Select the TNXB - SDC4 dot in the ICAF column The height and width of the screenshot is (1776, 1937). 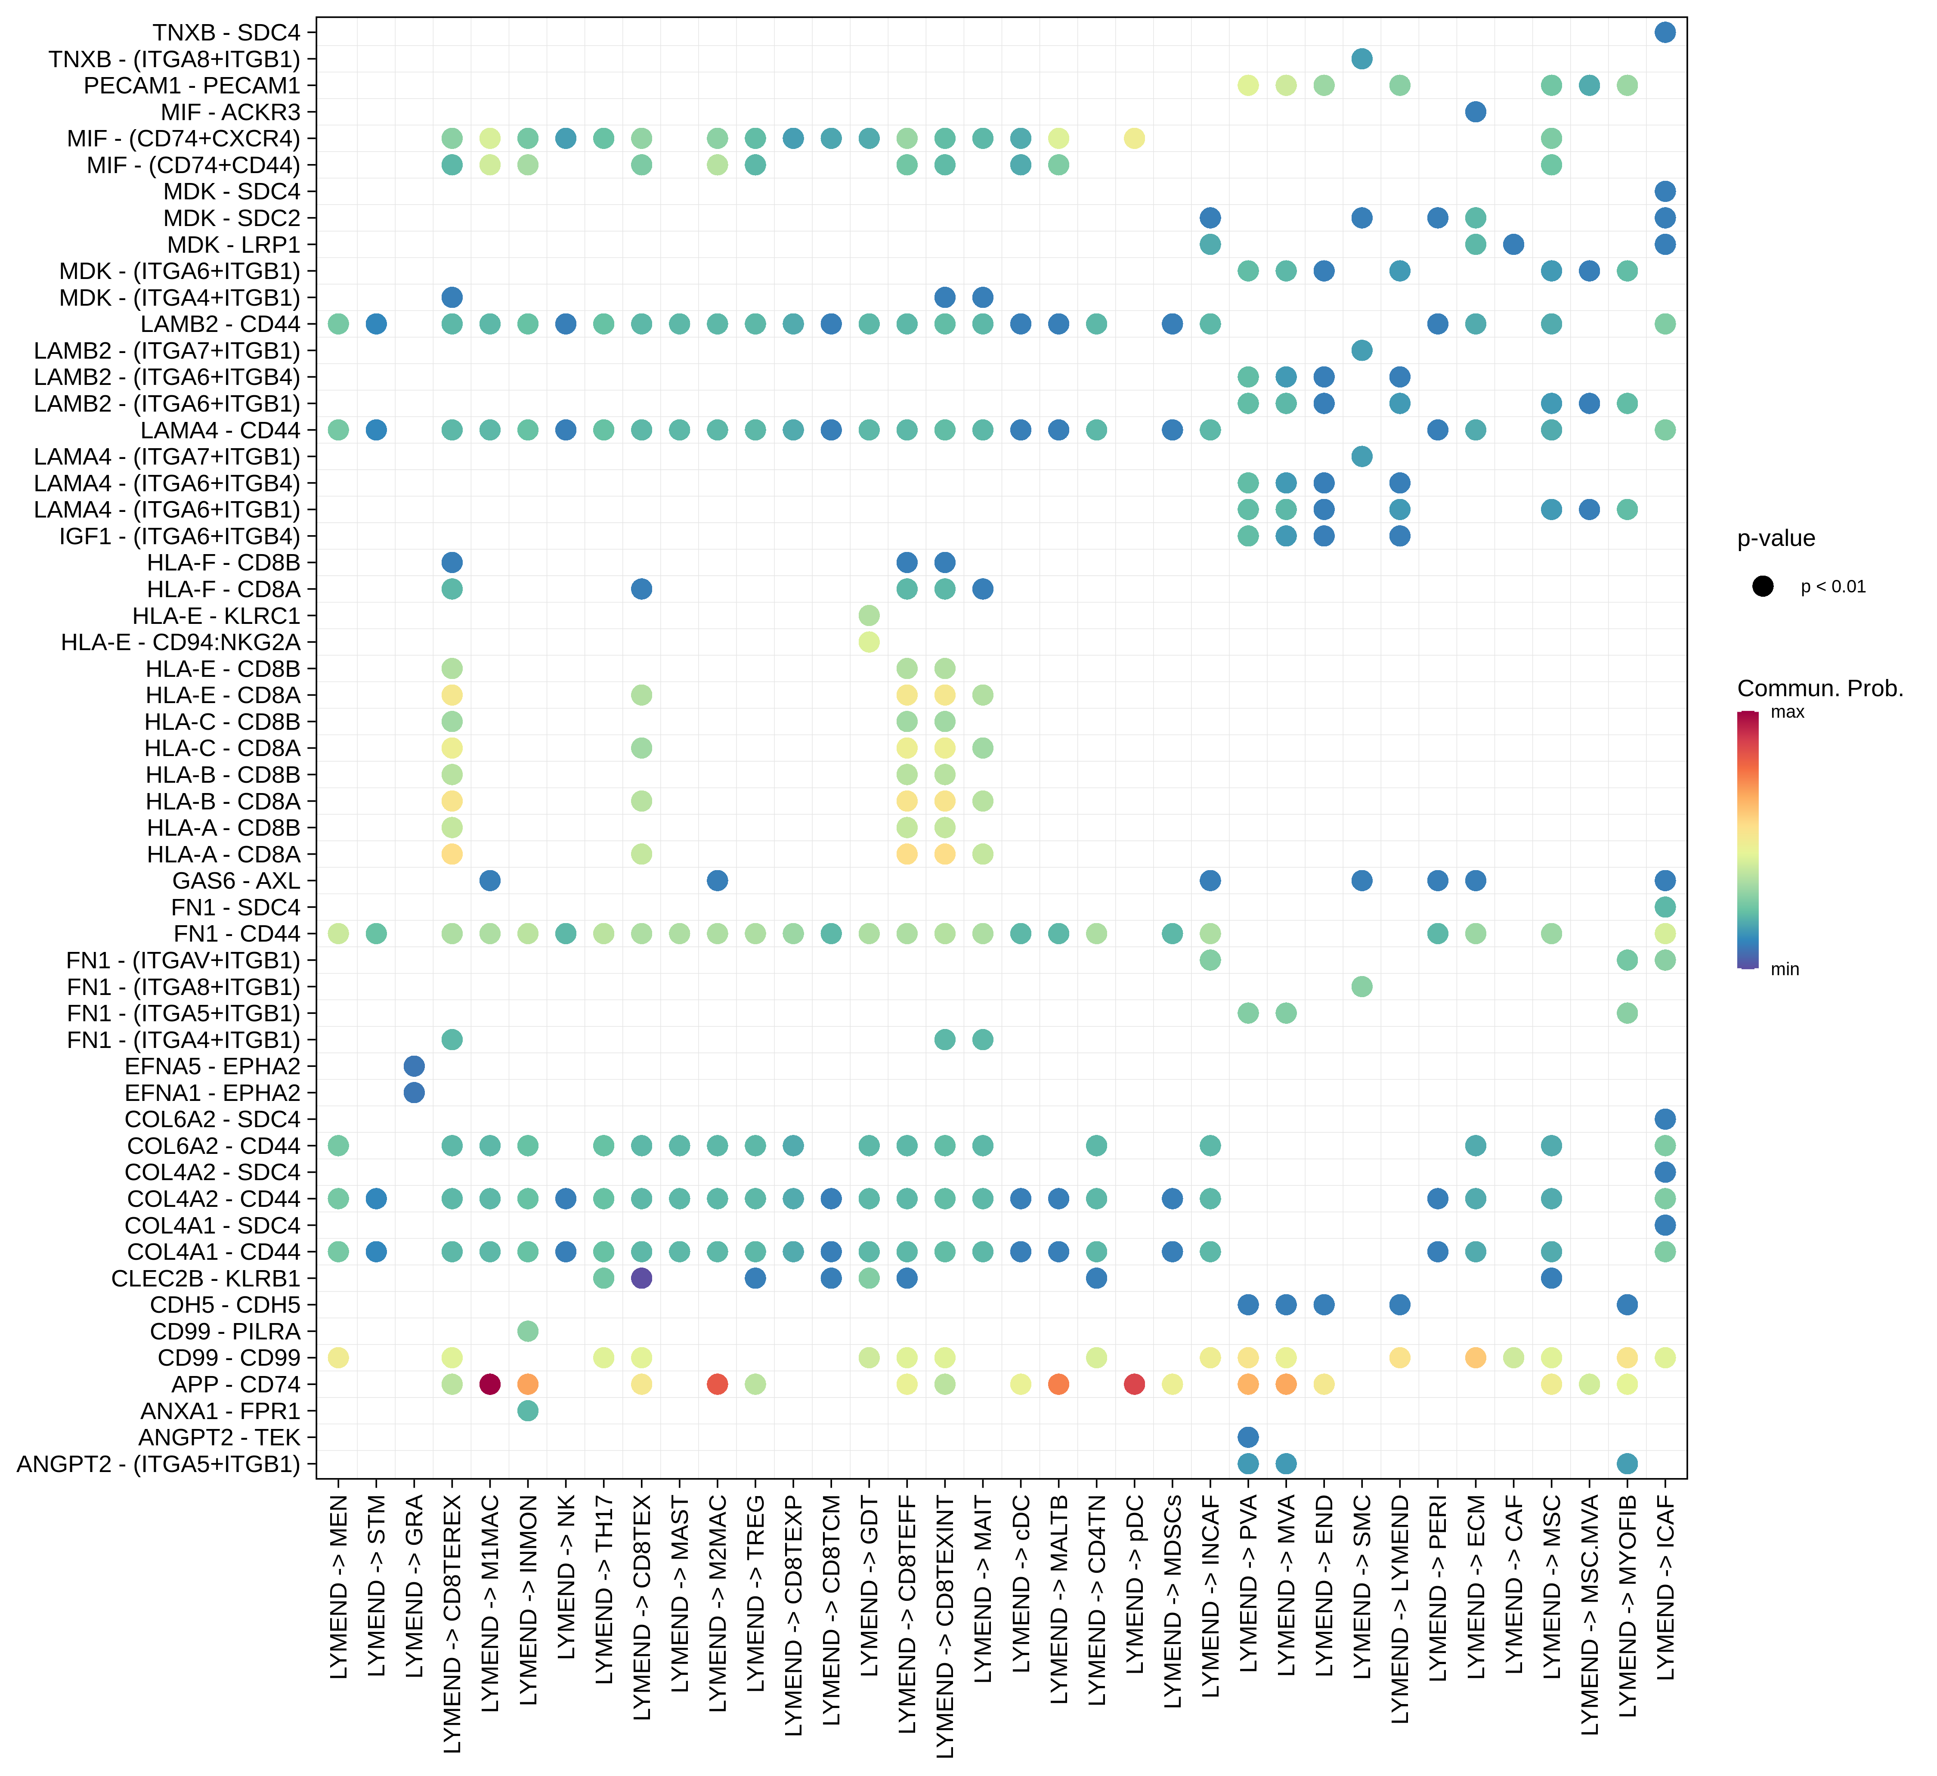point(1665,33)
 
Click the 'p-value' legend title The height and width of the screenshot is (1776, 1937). point(1776,538)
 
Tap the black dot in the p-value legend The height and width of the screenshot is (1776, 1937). point(1762,586)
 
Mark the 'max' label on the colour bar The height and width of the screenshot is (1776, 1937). point(1787,712)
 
